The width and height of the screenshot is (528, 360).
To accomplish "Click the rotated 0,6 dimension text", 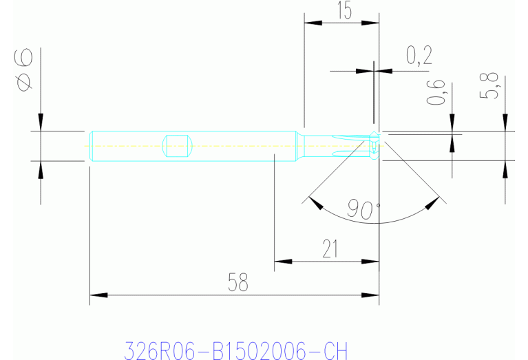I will pyautogui.click(x=436, y=93).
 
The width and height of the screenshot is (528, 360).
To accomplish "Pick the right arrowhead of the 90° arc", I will pyautogui.click(x=433, y=203).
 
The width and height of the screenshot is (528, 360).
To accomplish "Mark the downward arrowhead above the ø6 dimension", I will pyautogui.click(x=41, y=122).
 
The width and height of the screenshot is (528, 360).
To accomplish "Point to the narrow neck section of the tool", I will pyautogui.click(x=318, y=145).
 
